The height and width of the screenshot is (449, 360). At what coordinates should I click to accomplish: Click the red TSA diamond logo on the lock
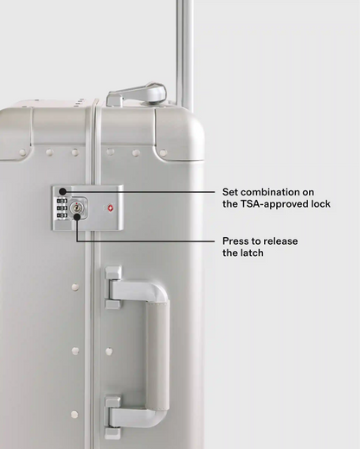click(x=111, y=208)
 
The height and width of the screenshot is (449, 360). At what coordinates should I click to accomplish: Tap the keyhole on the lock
click(x=76, y=208)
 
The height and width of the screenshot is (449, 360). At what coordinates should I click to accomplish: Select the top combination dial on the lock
click(x=62, y=201)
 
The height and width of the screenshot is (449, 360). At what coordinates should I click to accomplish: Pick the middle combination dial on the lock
click(x=62, y=208)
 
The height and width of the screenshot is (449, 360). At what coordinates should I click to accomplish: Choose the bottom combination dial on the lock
click(x=62, y=215)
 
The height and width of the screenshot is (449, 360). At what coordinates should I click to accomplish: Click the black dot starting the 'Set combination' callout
click(x=62, y=191)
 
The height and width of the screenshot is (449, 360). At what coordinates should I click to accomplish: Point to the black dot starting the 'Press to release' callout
click(x=77, y=217)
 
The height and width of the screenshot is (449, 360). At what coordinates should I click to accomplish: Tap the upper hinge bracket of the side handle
click(x=113, y=287)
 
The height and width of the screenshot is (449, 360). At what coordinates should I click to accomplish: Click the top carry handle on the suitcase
click(x=136, y=95)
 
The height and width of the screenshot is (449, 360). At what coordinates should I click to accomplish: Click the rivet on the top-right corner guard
click(x=163, y=152)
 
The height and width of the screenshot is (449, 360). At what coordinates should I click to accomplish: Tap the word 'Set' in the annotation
click(x=229, y=192)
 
